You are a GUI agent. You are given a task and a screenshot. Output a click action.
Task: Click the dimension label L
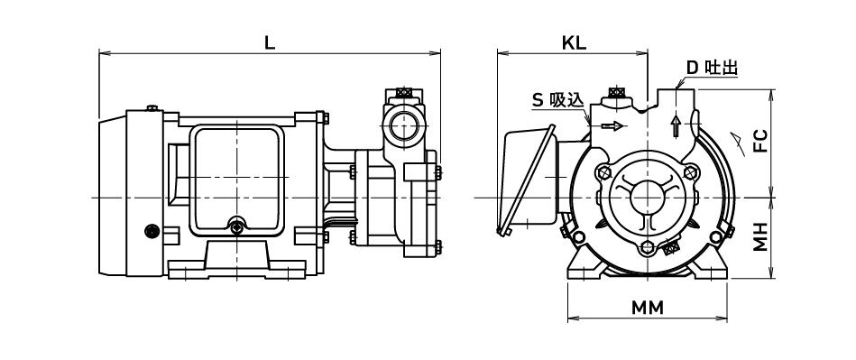269,43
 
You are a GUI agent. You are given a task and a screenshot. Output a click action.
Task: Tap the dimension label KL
574,43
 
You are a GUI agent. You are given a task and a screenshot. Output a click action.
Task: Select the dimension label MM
648,308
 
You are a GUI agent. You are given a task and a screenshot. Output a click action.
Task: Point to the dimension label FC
760,141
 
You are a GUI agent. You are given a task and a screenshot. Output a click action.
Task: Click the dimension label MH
760,236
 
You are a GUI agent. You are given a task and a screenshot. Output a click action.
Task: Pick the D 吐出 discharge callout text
712,68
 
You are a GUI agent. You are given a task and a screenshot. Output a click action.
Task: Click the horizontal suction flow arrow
612,126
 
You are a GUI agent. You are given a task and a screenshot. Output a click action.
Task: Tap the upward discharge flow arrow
676,126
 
